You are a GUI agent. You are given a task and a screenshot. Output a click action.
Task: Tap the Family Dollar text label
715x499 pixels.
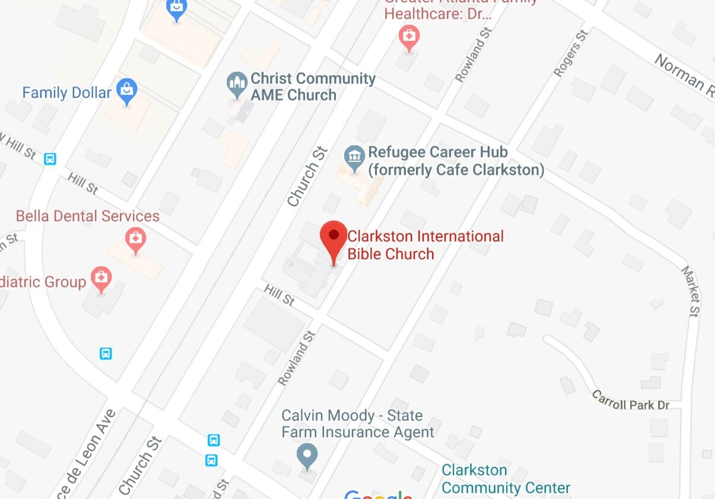tap(66, 93)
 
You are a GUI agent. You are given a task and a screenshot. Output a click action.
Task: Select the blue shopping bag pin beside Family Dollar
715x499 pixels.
tap(126, 91)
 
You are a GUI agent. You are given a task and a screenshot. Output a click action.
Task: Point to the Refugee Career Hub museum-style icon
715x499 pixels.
tap(354, 157)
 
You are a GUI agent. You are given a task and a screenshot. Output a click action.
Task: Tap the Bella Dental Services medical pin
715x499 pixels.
tap(136, 240)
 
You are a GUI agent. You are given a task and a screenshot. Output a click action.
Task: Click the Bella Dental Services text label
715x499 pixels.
tap(88, 216)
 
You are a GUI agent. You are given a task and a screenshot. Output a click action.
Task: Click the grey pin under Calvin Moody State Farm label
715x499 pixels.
tap(307, 455)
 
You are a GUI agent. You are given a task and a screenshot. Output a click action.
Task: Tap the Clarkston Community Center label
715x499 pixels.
tap(506, 479)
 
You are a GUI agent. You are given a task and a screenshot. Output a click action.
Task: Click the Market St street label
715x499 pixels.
tap(691, 291)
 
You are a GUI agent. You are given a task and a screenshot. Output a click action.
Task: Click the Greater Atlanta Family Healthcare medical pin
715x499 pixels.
tap(408, 37)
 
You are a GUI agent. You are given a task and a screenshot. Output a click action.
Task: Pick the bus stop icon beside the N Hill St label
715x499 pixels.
tap(50, 159)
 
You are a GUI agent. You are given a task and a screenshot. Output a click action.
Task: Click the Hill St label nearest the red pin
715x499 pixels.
tap(279, 294)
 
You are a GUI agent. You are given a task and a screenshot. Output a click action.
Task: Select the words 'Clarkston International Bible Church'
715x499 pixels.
tap(425, 245)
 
